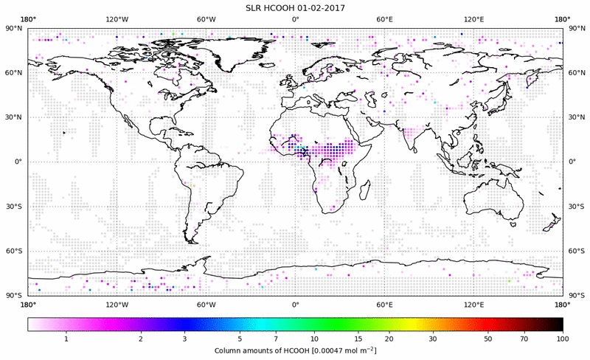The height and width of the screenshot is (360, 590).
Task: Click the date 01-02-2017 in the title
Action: (x=321, y=7)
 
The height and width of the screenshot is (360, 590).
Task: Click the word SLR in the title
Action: (x=254, y=7)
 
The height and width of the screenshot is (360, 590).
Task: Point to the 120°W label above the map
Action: (x=117, y=19)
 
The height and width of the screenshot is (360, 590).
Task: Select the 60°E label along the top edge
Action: (x=384, y=19)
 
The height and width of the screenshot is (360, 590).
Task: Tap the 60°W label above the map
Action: (x=206, y=19)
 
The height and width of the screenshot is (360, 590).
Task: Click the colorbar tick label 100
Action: (x=563, y=338)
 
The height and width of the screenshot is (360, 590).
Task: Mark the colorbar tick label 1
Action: (x=66, y=338)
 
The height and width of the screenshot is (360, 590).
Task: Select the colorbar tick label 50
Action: (x=487, y=338)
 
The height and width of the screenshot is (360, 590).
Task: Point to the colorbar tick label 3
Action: (x=184, y=338)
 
